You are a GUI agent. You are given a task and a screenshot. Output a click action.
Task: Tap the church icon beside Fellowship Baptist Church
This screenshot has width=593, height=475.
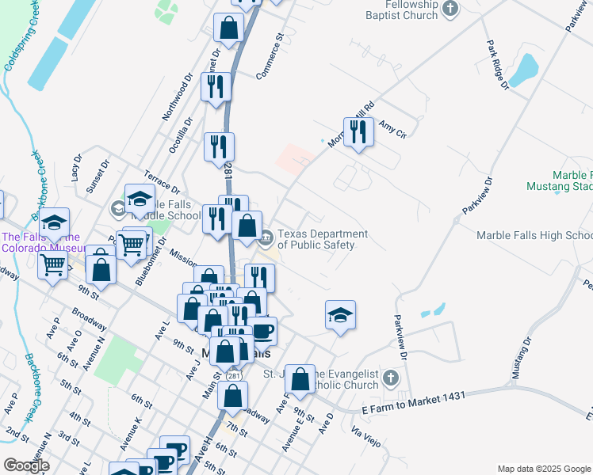pos(451,9)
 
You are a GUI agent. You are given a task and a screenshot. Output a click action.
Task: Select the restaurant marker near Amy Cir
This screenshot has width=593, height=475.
pos(358,132)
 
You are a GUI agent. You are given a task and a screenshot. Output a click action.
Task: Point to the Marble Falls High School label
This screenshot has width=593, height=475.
pos(534,235)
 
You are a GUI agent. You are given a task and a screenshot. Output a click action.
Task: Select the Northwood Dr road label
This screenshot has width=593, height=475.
pos(178,97)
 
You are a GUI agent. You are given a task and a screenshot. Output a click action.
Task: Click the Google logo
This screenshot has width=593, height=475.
pos(25,465)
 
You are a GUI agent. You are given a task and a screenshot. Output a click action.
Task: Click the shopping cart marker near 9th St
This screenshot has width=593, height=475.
pos(53,265)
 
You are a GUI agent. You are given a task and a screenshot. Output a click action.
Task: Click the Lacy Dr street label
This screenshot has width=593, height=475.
pos(76,168)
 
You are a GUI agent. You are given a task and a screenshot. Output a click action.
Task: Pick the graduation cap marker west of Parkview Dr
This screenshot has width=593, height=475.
pos(340,315)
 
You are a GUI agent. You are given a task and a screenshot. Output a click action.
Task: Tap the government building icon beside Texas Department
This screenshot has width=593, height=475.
pos(267,235)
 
